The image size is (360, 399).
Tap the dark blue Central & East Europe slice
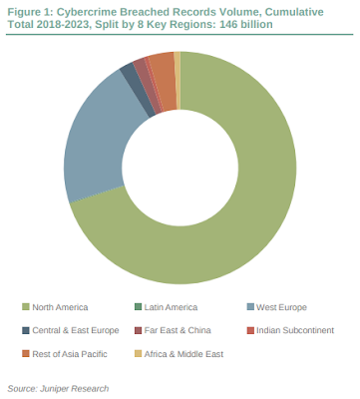click(137, 89)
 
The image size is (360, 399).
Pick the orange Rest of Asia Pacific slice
click(164, 80)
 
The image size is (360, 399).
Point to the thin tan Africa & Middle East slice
click(178, 80)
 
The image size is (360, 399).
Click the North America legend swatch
click(25, 307)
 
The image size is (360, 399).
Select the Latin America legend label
click(171, 307)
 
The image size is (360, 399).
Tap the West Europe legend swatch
click(250, 307)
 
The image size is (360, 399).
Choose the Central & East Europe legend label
click(76, 330)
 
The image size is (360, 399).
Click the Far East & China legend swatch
click(138, 330)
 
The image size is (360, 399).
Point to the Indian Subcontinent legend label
click(295, 330)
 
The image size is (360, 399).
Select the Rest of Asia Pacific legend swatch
click(25, 354)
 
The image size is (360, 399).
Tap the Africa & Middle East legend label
click(183, 354)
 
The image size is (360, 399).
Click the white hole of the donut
click(180, 168)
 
